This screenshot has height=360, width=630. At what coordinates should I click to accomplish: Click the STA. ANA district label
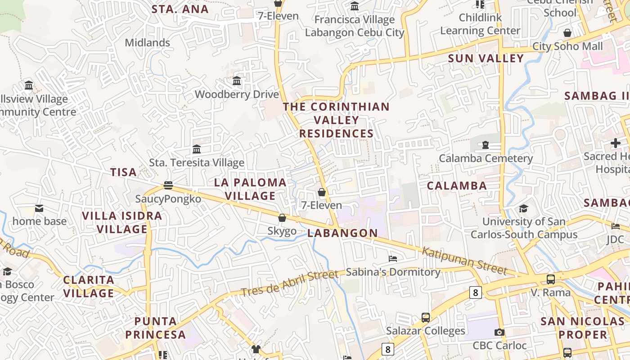pyautogui.click(x=180, y=9)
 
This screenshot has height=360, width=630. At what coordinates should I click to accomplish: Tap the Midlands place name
pyautogui.click(x=148, y=43)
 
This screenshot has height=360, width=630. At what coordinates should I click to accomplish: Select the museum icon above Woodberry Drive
pyautogui.click(x=237, y=81)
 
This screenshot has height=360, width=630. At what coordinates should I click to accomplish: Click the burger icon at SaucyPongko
pyautogui.click(x=168, y=185)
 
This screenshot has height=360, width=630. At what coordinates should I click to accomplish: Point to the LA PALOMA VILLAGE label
pyautogui.click(x=250, y=189)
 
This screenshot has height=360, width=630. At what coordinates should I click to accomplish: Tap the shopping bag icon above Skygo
pyautogui.click(x=282, y=218)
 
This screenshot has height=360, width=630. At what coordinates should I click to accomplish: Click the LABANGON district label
pyautogui.click(x=343, y=233)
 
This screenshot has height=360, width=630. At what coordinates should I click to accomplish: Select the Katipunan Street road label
pyautogui.click(x=464, y=261)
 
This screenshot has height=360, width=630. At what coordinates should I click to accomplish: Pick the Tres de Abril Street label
pyautogui.click(x=289, y=283)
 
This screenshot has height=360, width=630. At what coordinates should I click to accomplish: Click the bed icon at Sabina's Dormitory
pyautogui.click(x=393, y=259)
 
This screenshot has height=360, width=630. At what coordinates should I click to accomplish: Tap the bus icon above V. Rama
pyautogui.click(x=551, y=279)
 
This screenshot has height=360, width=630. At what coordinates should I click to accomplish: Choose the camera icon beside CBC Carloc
pyautogui.click(x=499, y=333)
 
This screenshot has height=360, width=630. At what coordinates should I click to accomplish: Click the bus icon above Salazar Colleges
pyautogui.click(x=426, y=318)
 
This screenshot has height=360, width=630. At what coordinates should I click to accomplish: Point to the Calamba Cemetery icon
pyautogui.click(x=486, y=145)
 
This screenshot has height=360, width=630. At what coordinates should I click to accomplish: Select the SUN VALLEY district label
pyautogui.click(x=486, y=58)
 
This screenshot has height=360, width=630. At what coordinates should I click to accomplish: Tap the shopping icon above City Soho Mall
pyautogui.click(x=567, y=33)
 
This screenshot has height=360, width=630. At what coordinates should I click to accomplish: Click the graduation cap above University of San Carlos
pyautogui.click(x=523, y=208)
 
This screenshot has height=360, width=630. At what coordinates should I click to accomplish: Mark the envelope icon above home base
pyautogui.click(x=39, y=208)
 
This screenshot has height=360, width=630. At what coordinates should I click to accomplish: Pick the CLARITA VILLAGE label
pyautogui.click(x=89, y=287)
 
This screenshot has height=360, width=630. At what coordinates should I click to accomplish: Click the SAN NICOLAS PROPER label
pyautogui.click(x=583, y=328)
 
